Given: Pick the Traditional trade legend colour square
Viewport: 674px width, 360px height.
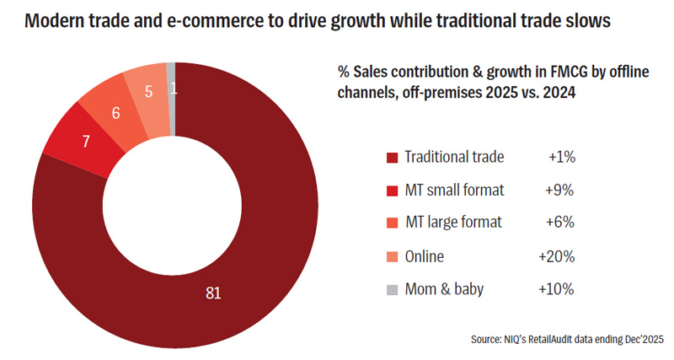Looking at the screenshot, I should (x=392, y=158).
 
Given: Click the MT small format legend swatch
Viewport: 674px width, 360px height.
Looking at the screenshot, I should (x=392, y=191).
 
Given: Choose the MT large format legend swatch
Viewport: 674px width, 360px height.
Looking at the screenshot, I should (x=392, y=223).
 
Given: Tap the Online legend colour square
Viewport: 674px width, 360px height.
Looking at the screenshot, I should (x=392, y=256).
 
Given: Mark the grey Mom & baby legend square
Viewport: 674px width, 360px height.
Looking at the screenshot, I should (x=392, y=290).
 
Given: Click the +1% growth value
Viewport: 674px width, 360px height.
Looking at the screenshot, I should (x=560, y=157).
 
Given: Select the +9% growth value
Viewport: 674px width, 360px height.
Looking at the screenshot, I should (x=560, y=190).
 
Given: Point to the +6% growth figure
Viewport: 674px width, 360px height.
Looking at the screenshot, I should (x=560, y=223).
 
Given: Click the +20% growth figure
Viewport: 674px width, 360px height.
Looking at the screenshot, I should (x=556, y=255).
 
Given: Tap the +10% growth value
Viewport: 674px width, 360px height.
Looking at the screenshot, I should (x=556, y=289).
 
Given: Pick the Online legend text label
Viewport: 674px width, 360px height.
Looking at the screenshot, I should (x=424, y=256).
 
